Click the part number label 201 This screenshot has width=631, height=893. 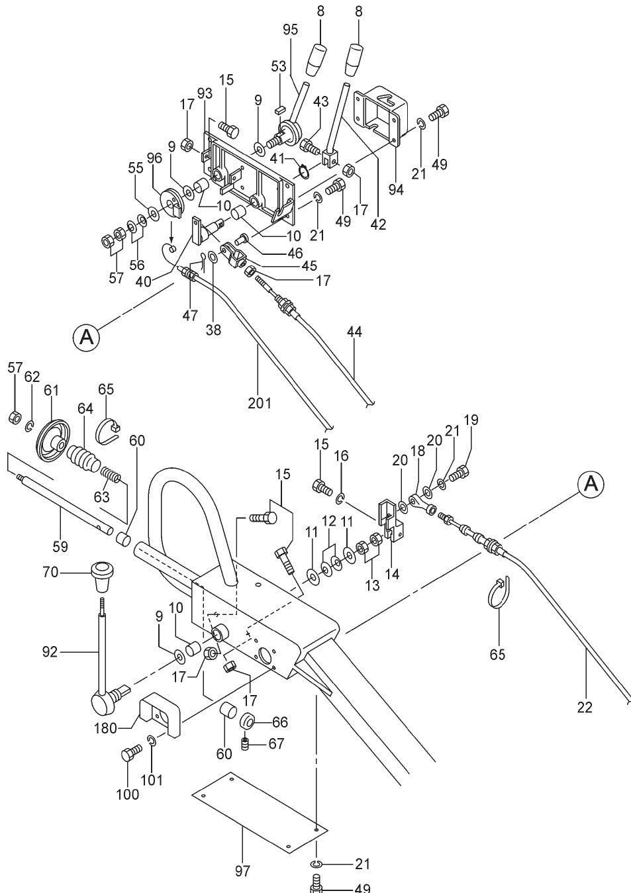pos(260,402)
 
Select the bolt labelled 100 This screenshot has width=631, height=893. pos(130,755)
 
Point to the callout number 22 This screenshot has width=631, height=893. pos(584,708)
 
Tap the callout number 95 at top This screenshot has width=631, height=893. pos(290,29)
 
